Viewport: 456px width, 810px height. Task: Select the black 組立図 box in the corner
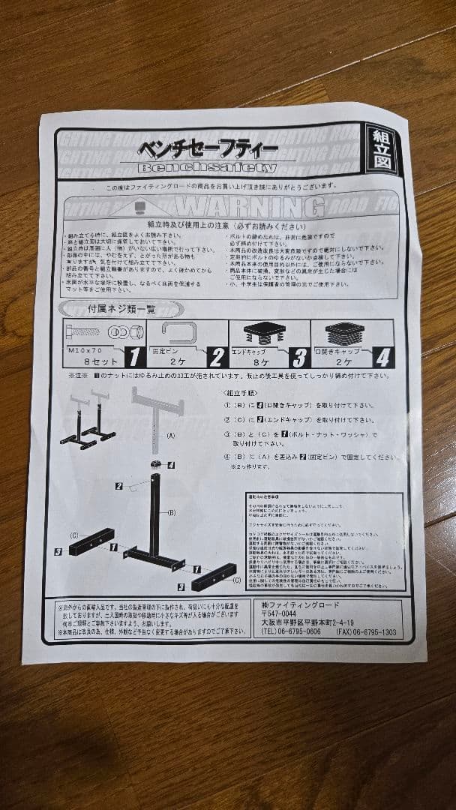pyautogui.click(x=382, y=149)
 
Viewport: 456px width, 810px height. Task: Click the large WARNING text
pyautogui.click(x=242, y=205)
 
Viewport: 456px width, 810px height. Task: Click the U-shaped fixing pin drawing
pyautogui.click(x=178, y=331)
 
